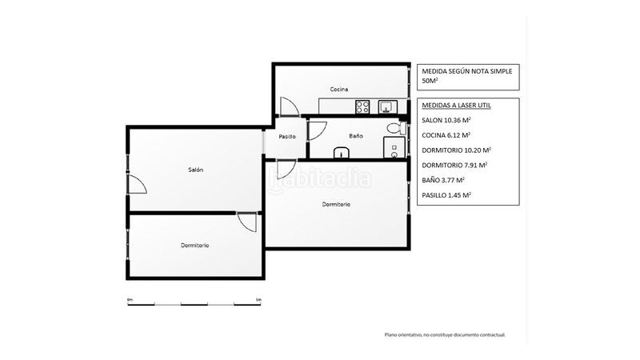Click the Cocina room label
tap(339, 90)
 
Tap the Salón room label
tap(195, 170)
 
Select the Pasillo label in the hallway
tap(287, 137)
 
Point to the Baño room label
tap(356, 136)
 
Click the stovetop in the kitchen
tap(362, 107)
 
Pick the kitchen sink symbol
tap(387, 107)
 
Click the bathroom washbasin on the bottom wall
tap(342, 153)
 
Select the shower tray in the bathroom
tap(394, 147)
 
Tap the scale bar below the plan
tap(194, 304)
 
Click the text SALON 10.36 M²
tap(446, 121)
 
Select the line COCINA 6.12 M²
tap(446, 135)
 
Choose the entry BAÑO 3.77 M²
tap(443, 180)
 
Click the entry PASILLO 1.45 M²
tap(446, 195)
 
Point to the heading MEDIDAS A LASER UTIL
tap(456, 106)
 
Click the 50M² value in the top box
tap(430, 81)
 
